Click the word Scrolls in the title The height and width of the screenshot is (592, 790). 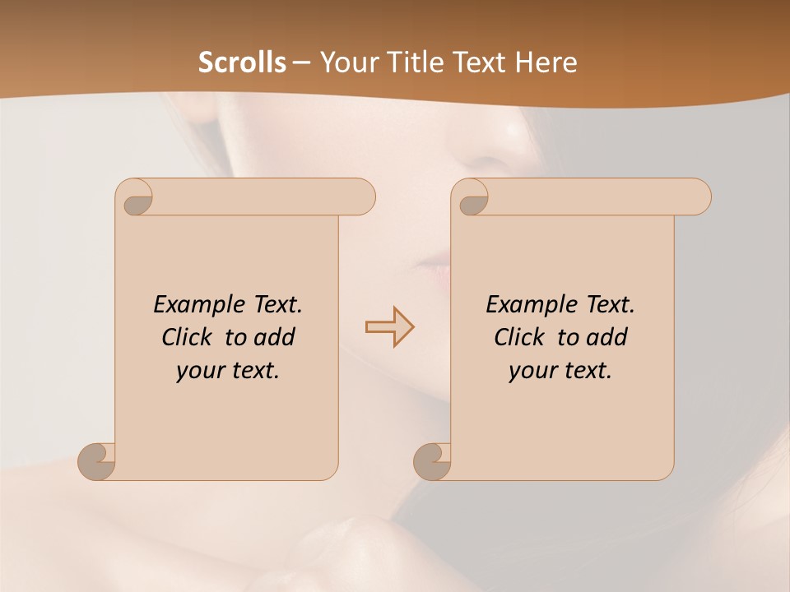coord(242,62)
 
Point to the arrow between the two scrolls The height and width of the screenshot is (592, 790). coord(389,326)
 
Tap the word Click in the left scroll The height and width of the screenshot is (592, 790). coord(188,337)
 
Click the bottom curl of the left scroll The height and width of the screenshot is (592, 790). coord(97,461)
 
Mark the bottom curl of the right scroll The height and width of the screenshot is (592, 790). coord(433,461)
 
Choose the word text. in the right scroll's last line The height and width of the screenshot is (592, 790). coord(583,371)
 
